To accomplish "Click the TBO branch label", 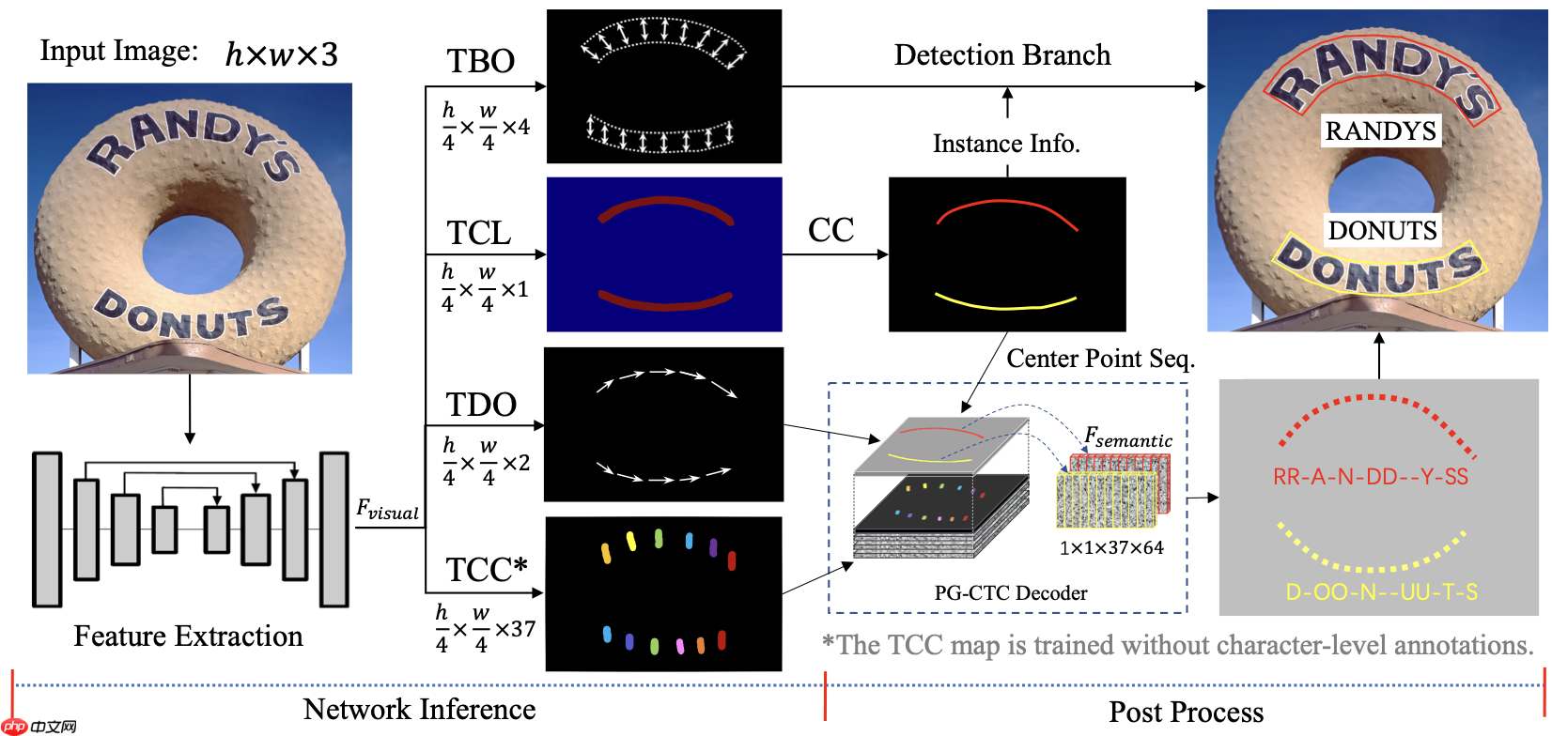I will pyautogui.click(x=481, y=62).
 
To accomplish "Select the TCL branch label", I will pyautogui.click(x=479, y=233).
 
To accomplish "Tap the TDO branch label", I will pyautogui.click(x=481, y=405).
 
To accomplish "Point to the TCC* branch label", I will pyautogui.click(x=486, y=570).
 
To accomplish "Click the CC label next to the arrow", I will pyautogui.click(x=830, y=230).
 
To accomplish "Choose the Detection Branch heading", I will pyautogui.click(x=1002, y=55).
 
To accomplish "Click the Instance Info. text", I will pyautogui.click(x=1006, y=144).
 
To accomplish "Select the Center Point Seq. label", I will pyautogui.click(x=1100, y=359).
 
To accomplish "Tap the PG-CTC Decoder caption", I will pyautogui.click(x=1011, y=593).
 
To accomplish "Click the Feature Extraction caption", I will pyautogui.click(x=189, y=636).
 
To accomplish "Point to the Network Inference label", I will pyautogui.click(x=419, y=710).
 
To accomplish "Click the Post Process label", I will pyautogui.click(x=1186, y=713).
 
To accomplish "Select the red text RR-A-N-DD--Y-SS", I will pyautogui.click(x=1371, y=477).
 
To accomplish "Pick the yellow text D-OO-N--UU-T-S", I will pyautogui.click(x=1381, y=592).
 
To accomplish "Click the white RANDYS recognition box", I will pyautogui.click(x=1380, y=130).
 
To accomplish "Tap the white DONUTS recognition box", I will pyautogui.click(x=1382, y=230).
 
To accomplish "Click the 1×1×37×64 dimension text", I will pyautogui.click(x=1111, y=548).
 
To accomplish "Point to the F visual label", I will pyautogui.click(x=387, y=510).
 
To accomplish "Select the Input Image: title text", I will pyautogui.click(x=119, y=51).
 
